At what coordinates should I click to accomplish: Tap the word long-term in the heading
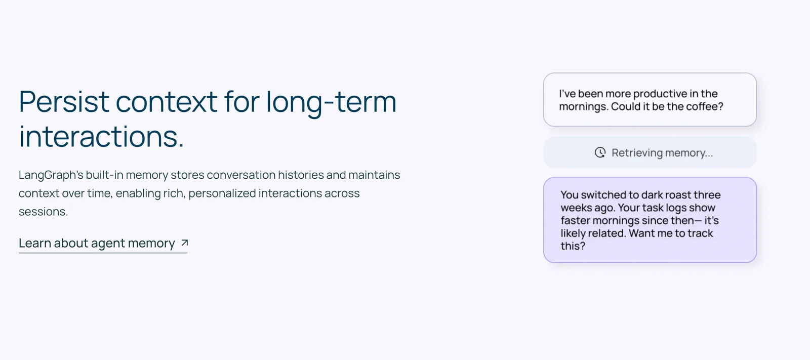331,103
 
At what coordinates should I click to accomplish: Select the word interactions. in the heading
102,136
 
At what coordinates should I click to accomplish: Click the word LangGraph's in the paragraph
51,176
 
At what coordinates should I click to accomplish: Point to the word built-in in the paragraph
104,175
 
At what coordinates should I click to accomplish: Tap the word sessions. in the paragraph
44,211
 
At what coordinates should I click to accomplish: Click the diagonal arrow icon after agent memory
184,243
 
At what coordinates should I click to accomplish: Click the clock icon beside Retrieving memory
600,153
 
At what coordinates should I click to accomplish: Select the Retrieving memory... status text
662,153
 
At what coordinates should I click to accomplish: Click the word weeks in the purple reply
575,208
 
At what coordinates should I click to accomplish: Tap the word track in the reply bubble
700,233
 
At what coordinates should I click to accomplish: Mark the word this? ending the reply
573,246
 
